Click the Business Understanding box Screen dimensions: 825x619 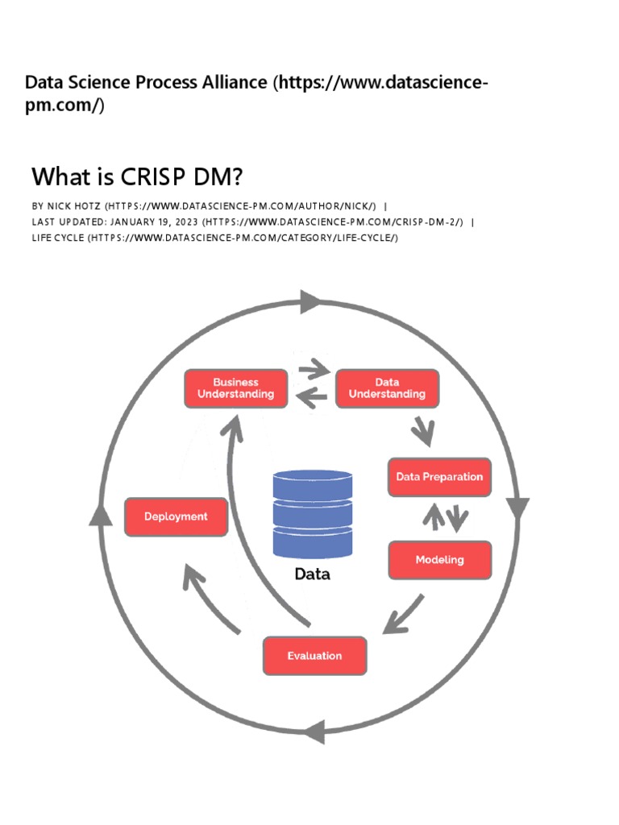coord(235,388)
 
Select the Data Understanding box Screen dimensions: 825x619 coord(387,388)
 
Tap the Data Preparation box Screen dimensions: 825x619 coord(439,477)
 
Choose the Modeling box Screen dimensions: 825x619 coord(439,560)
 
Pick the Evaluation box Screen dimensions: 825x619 coord(314,656)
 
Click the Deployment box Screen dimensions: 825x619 coord(176,516)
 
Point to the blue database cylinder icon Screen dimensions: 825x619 coord(313,514)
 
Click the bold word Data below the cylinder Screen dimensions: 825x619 coord(312,575)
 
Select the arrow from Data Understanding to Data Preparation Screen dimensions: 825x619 coord(422,433)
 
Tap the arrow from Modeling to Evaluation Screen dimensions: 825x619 coord(403,615)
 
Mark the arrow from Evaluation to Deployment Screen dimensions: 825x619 coord(210,597)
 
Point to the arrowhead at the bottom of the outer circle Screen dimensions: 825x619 coord(314,732)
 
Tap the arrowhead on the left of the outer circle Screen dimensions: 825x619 coord(100,513)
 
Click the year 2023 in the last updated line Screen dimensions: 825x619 coord(182,222)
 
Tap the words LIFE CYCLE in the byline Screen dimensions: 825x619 coord(57,238)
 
